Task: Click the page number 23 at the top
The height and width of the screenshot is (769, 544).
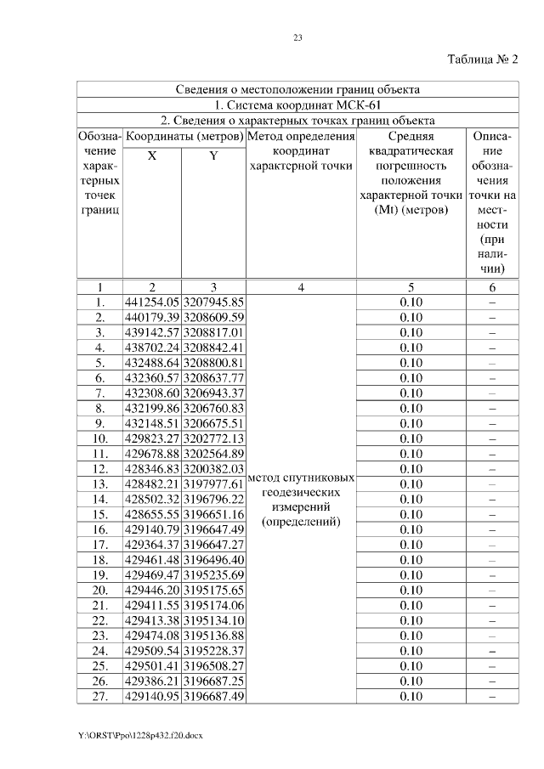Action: [x=297, y=37]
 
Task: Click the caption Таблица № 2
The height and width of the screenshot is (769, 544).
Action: [x=482, y=59]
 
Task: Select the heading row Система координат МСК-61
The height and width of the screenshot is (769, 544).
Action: [x=297, y=105]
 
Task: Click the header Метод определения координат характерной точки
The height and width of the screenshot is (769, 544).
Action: [x=300, y=151]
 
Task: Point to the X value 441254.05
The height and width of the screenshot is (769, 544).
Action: [x=152, y=302]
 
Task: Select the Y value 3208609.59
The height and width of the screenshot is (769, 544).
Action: [x=213, y=317]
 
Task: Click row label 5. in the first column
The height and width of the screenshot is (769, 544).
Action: [x=100, y=363]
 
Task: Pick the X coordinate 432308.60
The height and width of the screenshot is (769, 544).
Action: [x=152, y=393]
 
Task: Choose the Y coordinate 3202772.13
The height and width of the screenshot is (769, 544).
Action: [x=213, y=438]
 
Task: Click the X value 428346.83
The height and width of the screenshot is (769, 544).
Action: [x=152, y=469]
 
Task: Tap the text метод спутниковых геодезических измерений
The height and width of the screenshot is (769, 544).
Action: [x=300, y=500]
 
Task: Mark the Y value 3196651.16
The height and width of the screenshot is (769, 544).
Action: [x=213, y=515]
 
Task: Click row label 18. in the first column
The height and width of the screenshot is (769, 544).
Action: [x=100, y=560]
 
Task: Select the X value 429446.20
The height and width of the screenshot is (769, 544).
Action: [x=152, y=591]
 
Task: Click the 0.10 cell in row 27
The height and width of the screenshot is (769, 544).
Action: [x=411, y=697]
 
